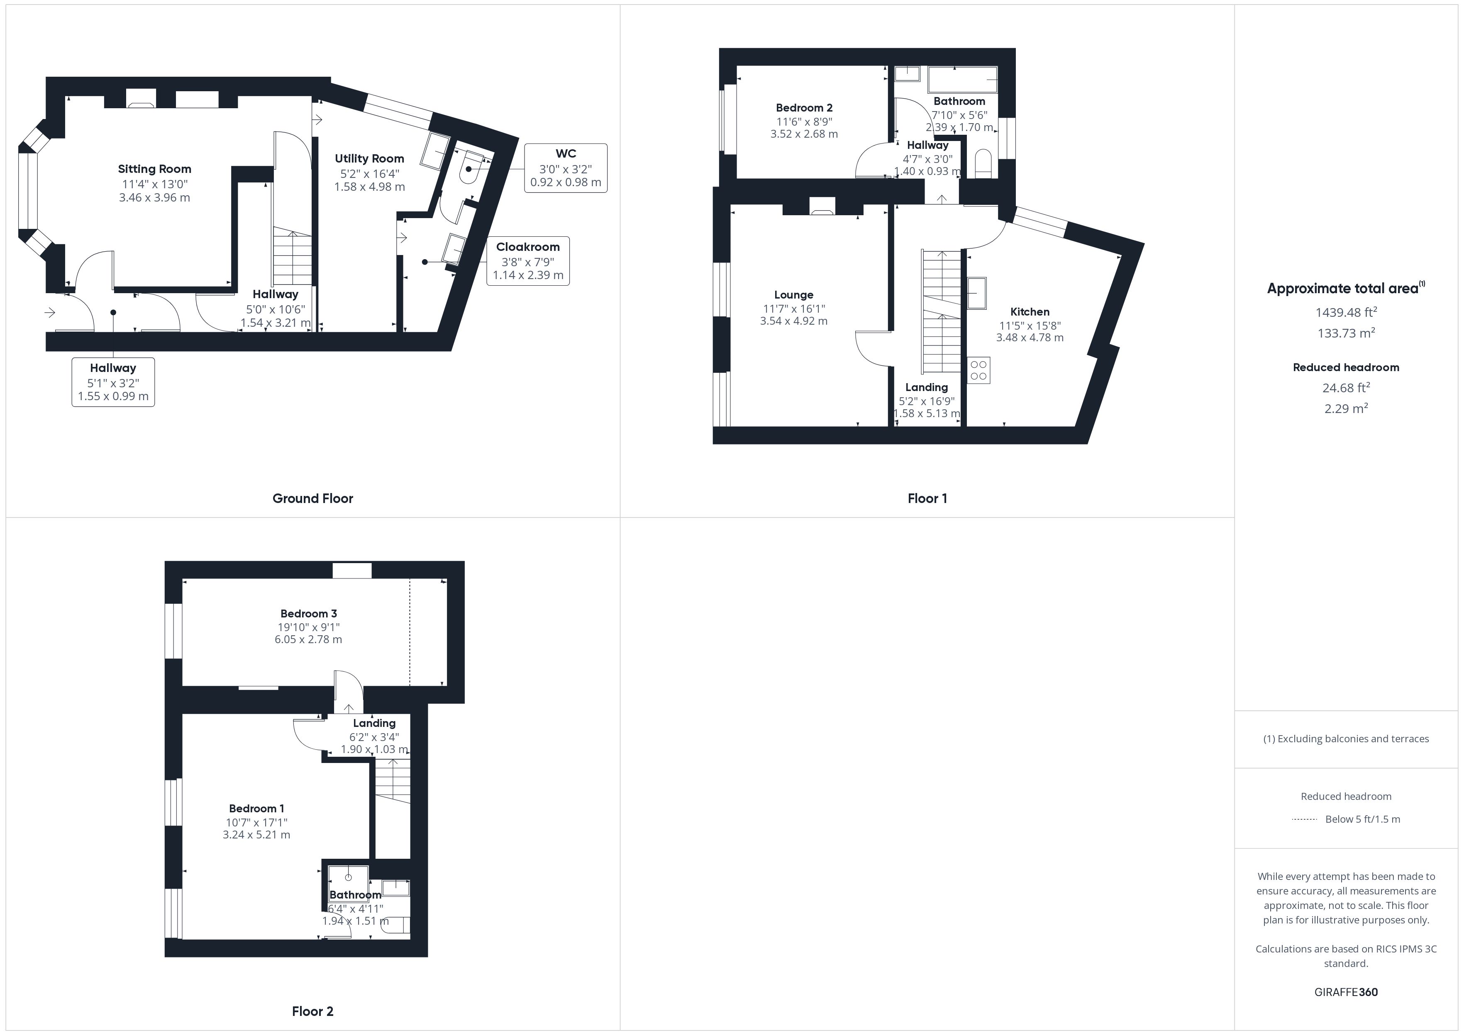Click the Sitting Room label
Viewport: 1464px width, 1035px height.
coord(154,169)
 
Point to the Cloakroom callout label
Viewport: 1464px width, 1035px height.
coord(528,247)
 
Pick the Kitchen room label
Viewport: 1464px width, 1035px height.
coord(1030,312)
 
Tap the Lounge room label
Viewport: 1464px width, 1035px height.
coord(794,294)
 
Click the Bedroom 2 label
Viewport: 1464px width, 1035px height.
coord(804,108)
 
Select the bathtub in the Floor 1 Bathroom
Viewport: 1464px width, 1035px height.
coord(963,79)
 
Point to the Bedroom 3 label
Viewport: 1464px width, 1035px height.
coord(309,614)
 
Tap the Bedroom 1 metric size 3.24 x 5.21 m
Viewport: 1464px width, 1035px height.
coord(256,835)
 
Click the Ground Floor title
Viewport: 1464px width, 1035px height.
coord(312,498)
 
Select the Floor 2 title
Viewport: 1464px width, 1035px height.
coord(312,1011)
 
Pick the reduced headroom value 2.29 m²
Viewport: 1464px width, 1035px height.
coord(1346,408)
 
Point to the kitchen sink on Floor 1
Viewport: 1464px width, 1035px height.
coord(977,293)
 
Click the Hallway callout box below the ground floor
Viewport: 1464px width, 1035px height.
coord(113,382)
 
